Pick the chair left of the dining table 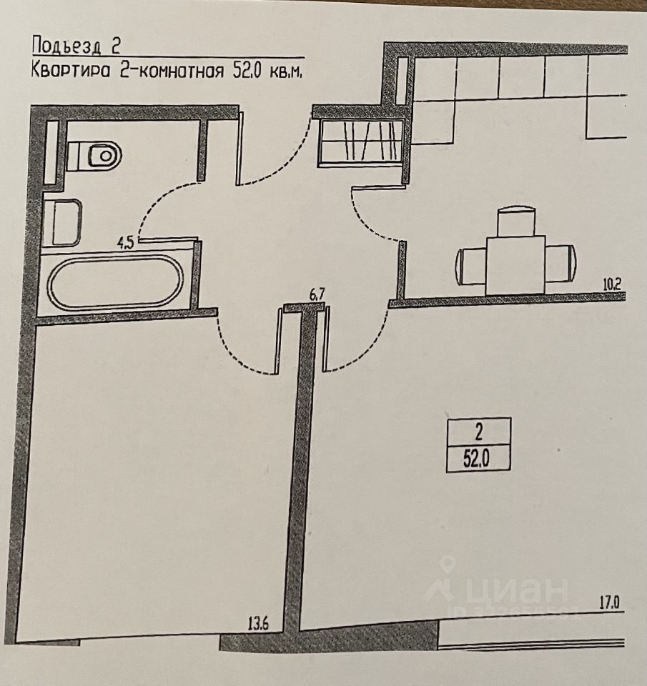coord(470,264)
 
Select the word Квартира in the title coord(70,71)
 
